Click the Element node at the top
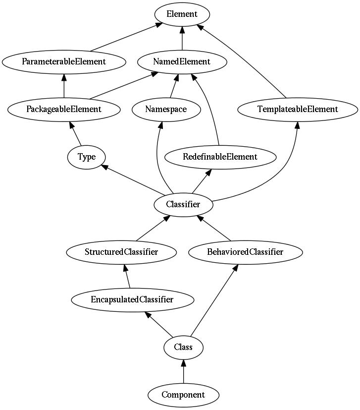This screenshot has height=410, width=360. point(182,14)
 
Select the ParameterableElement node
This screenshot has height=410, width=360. point(64,62)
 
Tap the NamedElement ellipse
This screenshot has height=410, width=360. point(182,62)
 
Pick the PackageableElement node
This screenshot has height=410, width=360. point(64,110)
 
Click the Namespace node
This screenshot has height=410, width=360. point(166,110)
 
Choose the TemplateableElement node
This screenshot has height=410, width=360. point(298,110)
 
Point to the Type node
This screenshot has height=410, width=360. point(87,157)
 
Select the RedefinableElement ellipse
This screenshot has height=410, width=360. point(220,157)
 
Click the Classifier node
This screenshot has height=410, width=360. point(183,205)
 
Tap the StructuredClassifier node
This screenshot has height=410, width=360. point(121,252)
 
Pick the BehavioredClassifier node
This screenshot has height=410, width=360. point(245,252)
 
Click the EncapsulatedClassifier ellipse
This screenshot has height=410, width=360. point(132,300)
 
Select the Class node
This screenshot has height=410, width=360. point(183,348)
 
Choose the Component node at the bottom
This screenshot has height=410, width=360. point(183,395)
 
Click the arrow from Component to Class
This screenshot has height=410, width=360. point(183,371)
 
